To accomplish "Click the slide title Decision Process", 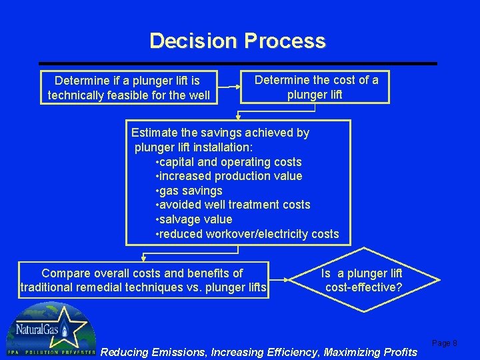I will [237, 41].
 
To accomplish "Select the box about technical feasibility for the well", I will [128, 88].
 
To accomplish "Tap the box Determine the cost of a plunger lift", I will [316, 87].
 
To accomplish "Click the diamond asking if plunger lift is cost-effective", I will [362, 281].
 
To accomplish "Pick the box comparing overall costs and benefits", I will [143, 280].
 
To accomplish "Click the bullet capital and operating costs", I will [228, 162].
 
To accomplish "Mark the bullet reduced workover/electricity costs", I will [247, 234].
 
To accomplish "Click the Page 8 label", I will [445, 343].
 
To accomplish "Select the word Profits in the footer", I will [397, 352].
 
